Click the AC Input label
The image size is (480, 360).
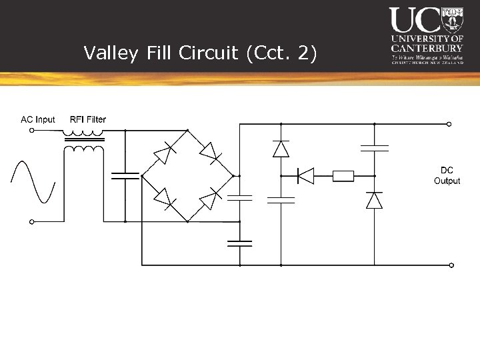point(38,119)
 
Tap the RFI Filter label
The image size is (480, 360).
point(88,119)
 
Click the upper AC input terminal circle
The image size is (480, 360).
point(31,131)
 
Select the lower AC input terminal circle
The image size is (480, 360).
point(31,221)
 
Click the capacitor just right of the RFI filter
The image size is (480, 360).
point(125,175)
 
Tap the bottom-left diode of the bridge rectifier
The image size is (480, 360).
point(164,199)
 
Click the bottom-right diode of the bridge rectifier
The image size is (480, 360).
point(211,198)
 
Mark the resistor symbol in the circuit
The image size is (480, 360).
point(343,176)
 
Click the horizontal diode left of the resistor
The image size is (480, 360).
point(305,176)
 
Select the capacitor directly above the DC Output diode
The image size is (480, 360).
point(375,147)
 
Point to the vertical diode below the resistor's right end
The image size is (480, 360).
point(375,200)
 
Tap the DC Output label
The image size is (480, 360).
point(447,175)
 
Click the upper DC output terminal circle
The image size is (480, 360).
point(449,124)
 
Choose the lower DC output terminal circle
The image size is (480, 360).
point(451,265)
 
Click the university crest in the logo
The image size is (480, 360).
point(452,19)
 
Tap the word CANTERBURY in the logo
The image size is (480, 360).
point(427,48)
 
